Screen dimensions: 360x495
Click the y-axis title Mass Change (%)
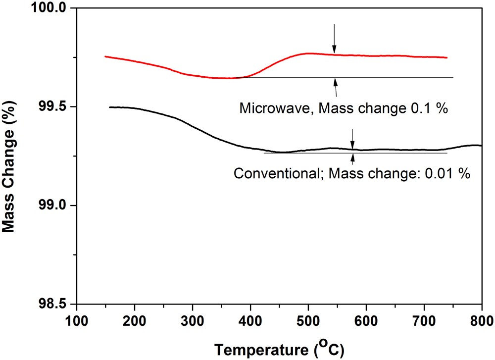coord(10,156)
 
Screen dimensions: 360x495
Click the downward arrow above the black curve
coord(352,139)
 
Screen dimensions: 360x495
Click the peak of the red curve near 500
coord(308,53)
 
